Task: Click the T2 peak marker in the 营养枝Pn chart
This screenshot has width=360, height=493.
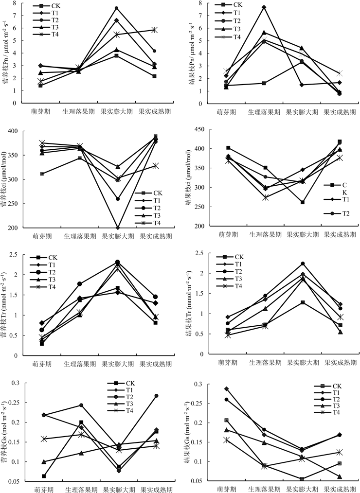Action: tap(117, 8)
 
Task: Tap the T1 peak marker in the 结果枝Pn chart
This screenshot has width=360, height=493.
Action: tap(264, 7)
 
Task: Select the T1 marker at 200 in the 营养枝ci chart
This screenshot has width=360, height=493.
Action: tap(117, 228)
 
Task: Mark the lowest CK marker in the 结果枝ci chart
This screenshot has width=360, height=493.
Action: tap(302, 202)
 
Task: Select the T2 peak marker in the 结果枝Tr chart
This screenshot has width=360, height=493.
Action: tap(302, 264)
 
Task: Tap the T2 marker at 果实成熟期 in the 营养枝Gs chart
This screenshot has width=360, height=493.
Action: tap(155, 396)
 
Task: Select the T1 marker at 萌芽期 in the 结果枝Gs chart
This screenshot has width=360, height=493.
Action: tap(226, 389)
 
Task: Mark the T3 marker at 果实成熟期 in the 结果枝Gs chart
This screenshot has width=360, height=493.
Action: tap(340, 476)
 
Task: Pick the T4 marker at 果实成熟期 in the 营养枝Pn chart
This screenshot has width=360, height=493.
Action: tap(154, 30)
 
